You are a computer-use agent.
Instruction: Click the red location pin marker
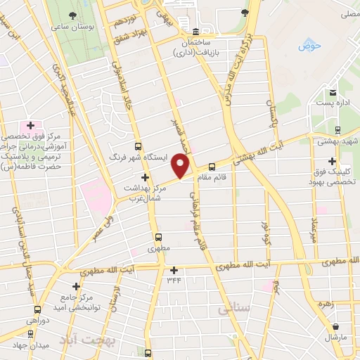click(x=181, y=166)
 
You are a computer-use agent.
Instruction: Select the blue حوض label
click(x=309, y=47)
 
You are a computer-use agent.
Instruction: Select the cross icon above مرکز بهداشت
click(x=146, y=177)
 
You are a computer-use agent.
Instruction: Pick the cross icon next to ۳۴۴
click(x=174, y=270)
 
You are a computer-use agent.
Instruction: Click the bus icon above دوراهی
click(x=37, y=309)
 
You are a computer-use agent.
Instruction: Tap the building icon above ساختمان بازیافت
click(x=195, y=32)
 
